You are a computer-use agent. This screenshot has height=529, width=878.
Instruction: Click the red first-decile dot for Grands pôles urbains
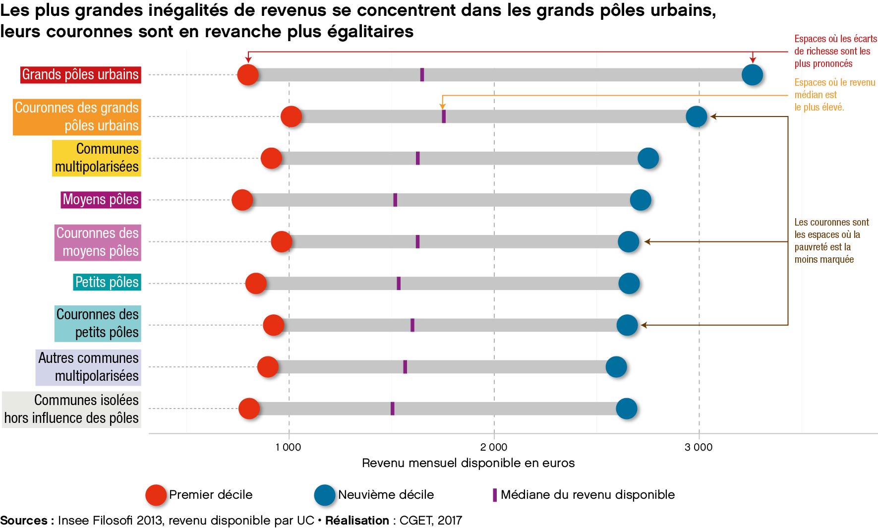(x=248, y=75)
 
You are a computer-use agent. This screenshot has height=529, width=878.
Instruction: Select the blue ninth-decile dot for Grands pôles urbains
(x=752, y=75)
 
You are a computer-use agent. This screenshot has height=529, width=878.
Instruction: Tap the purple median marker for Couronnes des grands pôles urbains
(x=444, y=117)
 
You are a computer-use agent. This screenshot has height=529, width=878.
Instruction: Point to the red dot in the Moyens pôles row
(x=242, y=200)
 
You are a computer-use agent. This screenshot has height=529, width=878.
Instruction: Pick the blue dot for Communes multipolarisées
(x=648, y=158)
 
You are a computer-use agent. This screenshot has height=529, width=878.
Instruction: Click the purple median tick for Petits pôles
(x=399, y=283)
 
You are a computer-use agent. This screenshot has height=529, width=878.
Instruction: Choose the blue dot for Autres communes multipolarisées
(x=616, y=367)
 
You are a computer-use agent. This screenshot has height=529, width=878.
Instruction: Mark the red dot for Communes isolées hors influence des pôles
(x=249, y=409)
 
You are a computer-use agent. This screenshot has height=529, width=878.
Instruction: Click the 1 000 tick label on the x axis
(x=288, y=447)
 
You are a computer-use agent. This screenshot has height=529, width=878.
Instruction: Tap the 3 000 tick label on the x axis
(x=699, y=447)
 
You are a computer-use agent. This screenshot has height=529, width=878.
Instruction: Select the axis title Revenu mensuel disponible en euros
(x=468, y=463)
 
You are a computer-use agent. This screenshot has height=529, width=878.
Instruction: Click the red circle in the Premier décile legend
(x=156, y=495)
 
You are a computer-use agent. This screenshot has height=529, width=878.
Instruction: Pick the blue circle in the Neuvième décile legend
(x=325, y=495)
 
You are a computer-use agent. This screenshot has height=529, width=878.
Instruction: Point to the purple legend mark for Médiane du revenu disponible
(x=495, y=495)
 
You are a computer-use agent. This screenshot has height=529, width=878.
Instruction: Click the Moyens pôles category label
(x=101, y=200)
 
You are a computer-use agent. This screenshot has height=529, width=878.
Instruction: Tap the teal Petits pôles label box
(x=107, y=282)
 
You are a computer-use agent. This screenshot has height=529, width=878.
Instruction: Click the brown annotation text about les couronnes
(x=831, y=241)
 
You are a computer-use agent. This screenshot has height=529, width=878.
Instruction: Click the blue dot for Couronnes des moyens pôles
(x=628, y=242)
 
